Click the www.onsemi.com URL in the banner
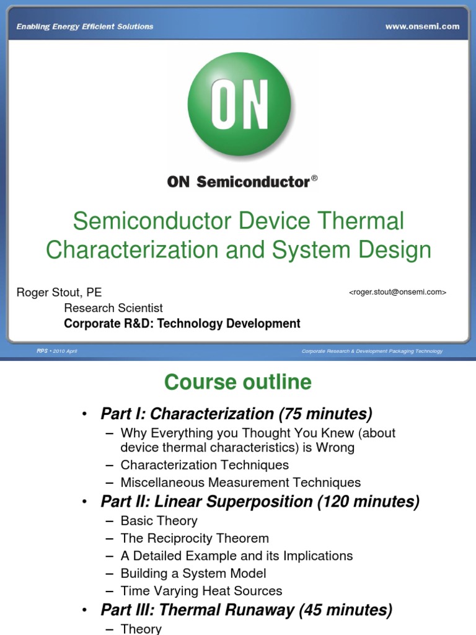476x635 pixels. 422,27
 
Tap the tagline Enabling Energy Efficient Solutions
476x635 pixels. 85,27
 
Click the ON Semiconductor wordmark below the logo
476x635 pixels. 238,182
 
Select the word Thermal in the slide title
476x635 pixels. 359,221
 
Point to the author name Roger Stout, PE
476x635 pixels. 59,292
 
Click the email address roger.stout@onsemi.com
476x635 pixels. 397,292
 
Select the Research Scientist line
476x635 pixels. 113,308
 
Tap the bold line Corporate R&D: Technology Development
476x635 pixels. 182,323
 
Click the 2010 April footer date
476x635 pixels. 64,351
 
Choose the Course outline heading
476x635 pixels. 238,382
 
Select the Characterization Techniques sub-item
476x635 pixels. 205,464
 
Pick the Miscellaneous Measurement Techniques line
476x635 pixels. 240,482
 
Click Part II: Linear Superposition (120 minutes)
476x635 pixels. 260,502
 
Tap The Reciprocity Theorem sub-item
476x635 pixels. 195,538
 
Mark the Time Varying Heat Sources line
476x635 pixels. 201,591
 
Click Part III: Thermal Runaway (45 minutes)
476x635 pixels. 246,610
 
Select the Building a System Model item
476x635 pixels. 193,574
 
